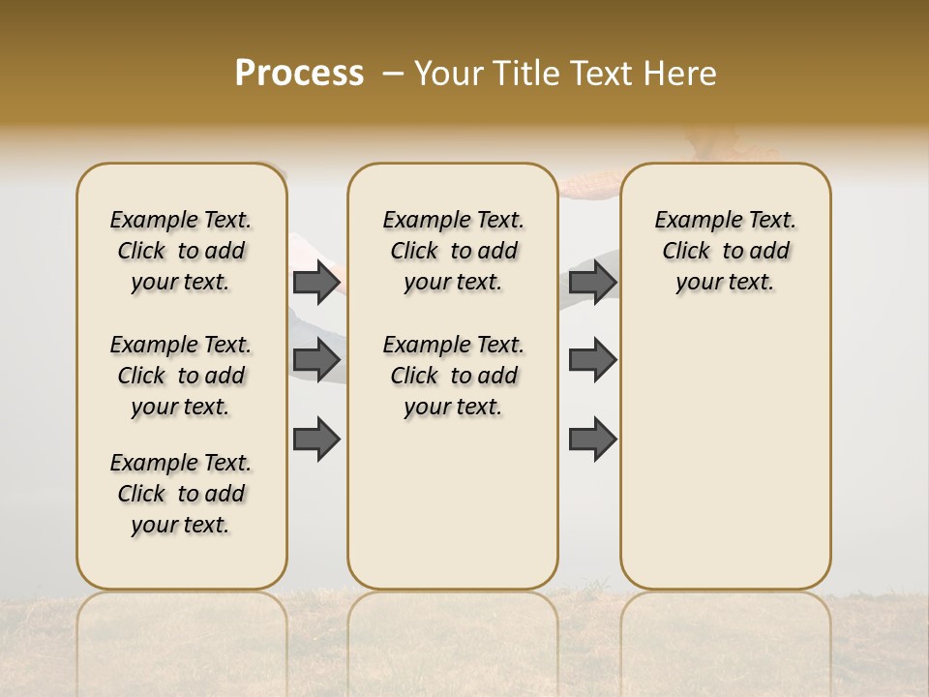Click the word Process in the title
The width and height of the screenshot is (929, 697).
click(299, 74)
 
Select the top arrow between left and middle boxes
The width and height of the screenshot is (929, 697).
click(317, 282)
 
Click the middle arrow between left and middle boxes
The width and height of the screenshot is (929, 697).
click(317, 360)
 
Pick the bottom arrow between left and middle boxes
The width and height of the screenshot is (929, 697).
click(317, 439)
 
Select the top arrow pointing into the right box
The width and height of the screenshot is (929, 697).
click(592, 282)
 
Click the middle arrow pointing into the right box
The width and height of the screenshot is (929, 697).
click(592, 360)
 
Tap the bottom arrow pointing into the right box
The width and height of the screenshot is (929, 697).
click(592, 439)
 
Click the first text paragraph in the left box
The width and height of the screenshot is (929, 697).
click(181, 251)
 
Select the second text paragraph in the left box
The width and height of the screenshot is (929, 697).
click(181, 376)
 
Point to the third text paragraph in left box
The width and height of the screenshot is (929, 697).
click(181, 494)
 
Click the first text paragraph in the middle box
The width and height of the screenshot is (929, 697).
click(453, 251)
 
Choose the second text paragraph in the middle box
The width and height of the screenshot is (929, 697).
click(453, 376)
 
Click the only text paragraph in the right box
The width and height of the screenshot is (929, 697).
click(725, 251)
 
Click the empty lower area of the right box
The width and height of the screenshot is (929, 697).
click(725, 455)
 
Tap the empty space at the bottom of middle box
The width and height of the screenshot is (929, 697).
click(453, 513)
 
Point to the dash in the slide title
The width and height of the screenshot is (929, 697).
click(393, 74)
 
